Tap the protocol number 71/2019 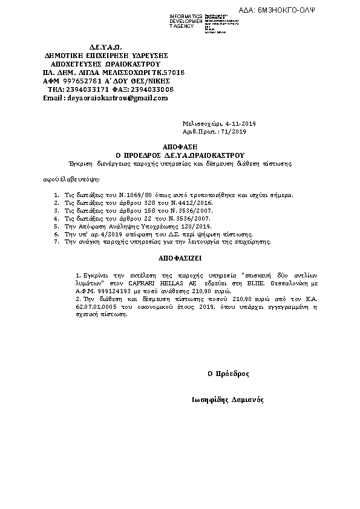(235, 131)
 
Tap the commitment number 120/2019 (197, 225)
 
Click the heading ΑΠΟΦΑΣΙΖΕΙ (180, 257)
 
